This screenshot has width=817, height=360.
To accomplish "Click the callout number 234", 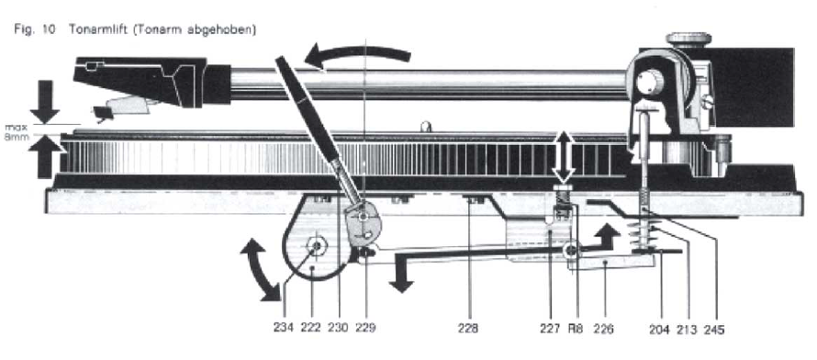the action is coord(284,328).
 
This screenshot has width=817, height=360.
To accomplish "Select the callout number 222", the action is coord(310,328).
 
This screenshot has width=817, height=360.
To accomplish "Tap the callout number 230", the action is coord(338,328).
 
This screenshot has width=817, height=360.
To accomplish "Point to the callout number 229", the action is coord(365,328).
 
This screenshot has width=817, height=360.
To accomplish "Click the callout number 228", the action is coord(468,328).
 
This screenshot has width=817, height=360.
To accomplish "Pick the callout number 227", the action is coord(550,328).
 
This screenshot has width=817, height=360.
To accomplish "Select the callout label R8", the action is coord(576,328).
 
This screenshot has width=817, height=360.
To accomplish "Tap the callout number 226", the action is coord(603,328).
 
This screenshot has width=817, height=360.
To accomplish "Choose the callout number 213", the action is coord(687,330).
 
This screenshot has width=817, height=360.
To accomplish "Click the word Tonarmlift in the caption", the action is coord(99,29).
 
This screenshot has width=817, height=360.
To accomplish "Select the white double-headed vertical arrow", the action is coord(565,157).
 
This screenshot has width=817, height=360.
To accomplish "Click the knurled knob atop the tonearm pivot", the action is coord(688,39).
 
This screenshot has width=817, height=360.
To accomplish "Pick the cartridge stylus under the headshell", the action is coord(102,114).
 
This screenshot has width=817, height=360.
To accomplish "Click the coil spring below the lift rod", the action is coord(645,235).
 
